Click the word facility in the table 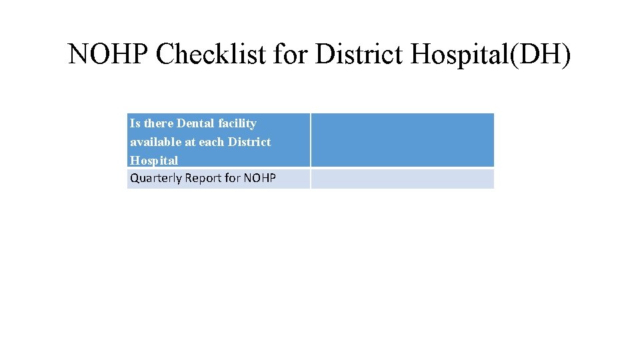pyautogui.click(x=237, y=123)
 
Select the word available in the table pyautogui.click(x=155, y=142)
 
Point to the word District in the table pyautogui.click(x=249, y=142)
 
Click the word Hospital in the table pyautogui.click(x=154, y=161)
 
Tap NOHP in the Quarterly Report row pyautogui.click(x=260, y=179)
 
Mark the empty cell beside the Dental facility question pyautogui.click(x=402, y=140)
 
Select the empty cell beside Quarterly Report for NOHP pyautogui.click(x=402, y=179)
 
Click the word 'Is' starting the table pyautogui.click(x=135, y=123)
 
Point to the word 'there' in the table pyautogui.click(x=159, y=123)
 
